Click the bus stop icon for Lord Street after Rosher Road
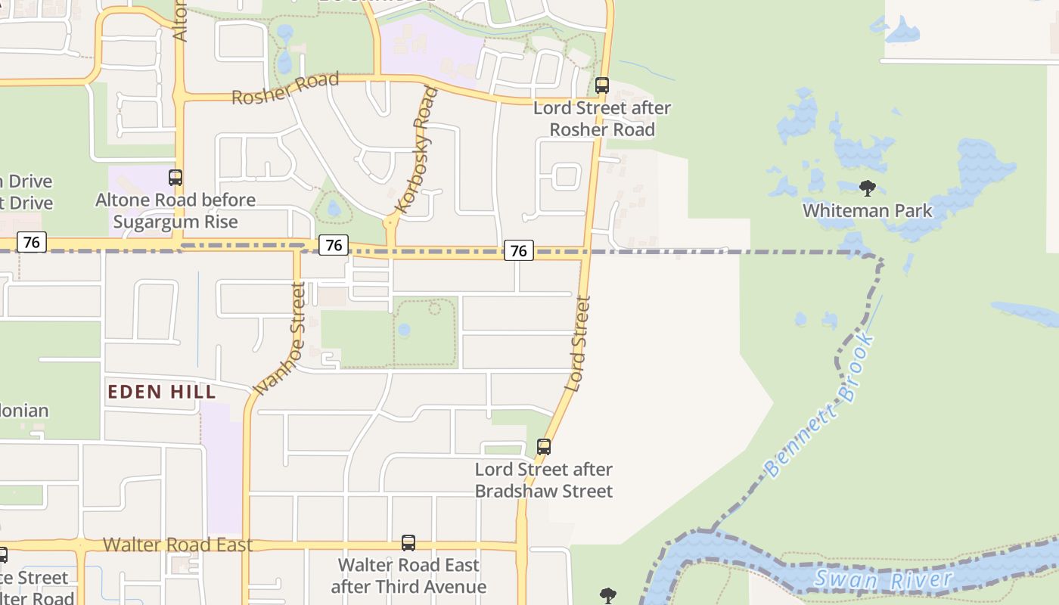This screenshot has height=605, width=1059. click(x=602, y=85)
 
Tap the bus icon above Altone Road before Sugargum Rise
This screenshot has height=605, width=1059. click(x=175, y=178)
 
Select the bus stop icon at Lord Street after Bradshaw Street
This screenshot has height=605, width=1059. click(x=544, y=447)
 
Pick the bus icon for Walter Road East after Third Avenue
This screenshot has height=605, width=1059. click(x=408, y=543)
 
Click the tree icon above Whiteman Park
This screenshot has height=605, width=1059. click(x=868, y=188)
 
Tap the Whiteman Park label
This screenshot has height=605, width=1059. click(x=868, y=210)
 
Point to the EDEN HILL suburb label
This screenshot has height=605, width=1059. click(x=161, y=392)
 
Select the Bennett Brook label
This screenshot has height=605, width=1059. click(x=820, y=406)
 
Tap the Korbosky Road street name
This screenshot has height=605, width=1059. click(x=417, y=150)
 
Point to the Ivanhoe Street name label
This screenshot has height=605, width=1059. click(x=279, y=339)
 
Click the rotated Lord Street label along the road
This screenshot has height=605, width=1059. click(x=577, y=343)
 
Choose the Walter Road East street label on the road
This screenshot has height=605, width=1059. click(x=177, y=545)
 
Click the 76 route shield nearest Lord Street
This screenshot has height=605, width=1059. click(x=519, y=250)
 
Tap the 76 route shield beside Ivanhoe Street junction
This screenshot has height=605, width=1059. click(x=334, y=245)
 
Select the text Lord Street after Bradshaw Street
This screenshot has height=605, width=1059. click(x=544, y=480)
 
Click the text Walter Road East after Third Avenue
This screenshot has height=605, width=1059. click(x=408, y=576)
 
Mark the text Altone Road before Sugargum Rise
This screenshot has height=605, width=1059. click(x=175, y=211)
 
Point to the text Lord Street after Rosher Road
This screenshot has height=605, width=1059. click(x=602, y=119)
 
